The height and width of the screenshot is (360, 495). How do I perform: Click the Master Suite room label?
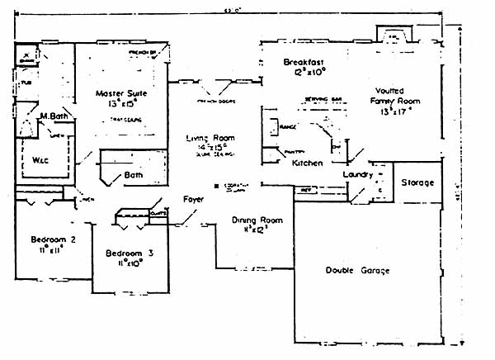pyautogui.click(x=121, y=93)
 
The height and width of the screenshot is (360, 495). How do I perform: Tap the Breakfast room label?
pyautogui.click(x=303, y=63)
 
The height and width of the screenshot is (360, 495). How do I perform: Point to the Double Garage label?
pyautogui.click(x=357, y=271)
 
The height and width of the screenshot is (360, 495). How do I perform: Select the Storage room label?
pyautogui.click(x=417, y=182)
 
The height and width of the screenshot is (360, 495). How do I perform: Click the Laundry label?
pyautogui.click(x=358, y=175)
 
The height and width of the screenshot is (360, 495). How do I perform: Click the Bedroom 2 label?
pyautogui.click(x=54, y=239)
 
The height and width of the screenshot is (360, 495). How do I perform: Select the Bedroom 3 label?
pyautogui.click(x=124, y=253)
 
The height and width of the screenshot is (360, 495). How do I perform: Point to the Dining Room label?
pyautogui.click(x=257, y=220)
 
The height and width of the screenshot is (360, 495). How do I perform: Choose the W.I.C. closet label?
pyautogui.click(x=41, y=159)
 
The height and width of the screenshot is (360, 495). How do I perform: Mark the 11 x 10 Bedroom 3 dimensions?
pyautogui.click(x=124, y=263)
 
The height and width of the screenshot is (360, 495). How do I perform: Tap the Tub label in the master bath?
pyautogui.click(x=26, y=83)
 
